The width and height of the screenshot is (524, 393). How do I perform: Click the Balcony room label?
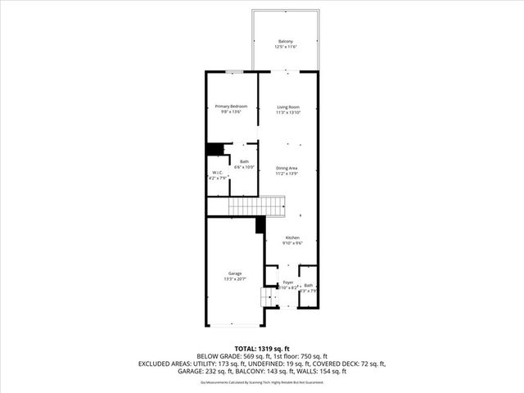[x=286, y=41]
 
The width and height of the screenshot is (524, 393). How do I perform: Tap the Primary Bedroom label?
[x=231, y=106]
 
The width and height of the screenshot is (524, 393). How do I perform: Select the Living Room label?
[x=287, y=106]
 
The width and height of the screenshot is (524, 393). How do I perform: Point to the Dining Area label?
[x=287, y=169]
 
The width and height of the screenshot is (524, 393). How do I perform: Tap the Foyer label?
[x=287, y=282]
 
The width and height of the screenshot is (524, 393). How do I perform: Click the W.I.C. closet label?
[x=217, y=173]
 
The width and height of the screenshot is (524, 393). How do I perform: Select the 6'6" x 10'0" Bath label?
[x=244, y=162]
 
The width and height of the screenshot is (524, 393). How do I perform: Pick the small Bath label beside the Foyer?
[x=309, y=286]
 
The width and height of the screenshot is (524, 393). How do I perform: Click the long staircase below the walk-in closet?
[x=254, y=206]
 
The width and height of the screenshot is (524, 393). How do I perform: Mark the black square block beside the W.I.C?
[x=215, y=149]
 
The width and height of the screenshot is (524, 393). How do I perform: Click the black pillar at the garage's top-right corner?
[x=260, y=223]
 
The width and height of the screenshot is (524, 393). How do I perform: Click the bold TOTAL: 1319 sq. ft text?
[x=262, y=346]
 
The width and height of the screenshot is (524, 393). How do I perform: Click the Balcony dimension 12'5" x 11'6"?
[x=286, y=47]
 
